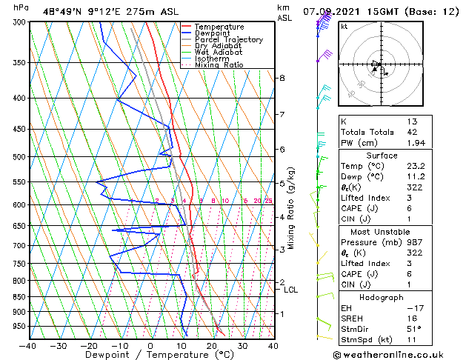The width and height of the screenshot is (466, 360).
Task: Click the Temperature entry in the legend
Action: (x=219, y=27)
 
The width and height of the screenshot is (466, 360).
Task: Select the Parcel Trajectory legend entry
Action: (x=228, y=39)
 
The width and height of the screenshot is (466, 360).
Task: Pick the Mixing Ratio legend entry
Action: (x=219, y=65)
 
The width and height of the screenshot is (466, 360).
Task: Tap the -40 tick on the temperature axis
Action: (x=27, y=345)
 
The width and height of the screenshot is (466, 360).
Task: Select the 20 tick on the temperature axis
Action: (x=211, y=345)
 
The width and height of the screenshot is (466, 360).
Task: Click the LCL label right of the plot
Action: (x=290, y=290)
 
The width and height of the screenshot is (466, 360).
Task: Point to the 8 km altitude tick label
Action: (x=282, y=78)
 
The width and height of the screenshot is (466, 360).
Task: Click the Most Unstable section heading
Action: (x=382, y=232)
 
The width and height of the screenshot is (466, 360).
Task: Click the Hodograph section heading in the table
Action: (x=382, y=297)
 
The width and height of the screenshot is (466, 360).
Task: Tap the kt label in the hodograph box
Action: (x=344, y=27)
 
